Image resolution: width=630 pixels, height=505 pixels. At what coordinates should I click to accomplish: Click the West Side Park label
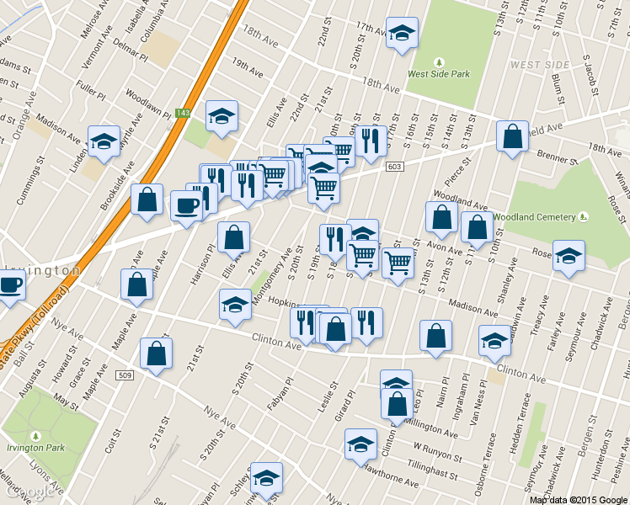(438, 74)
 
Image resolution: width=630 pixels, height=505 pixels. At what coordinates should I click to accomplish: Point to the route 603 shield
(394, 167)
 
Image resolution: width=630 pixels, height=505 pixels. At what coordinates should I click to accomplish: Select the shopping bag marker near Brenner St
(512, 136)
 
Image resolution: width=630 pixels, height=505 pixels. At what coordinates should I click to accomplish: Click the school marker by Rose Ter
(569, 256)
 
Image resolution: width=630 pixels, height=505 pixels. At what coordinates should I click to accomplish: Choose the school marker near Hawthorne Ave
(360, 444)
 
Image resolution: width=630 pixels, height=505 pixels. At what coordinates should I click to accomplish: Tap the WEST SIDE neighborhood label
(535, 65)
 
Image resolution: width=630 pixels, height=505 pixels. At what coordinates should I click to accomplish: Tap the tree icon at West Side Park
(438, 62)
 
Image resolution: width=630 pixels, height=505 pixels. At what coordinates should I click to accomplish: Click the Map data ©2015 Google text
(579, 499)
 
